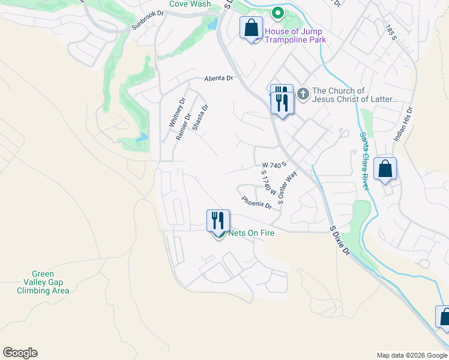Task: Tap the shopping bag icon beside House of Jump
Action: coord(251,28)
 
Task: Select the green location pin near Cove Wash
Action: coord(277,12)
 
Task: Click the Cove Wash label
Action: coord(190,4)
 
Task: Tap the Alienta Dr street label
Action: coord(218,78)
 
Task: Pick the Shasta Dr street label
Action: coord(200,118)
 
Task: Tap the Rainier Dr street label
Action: coord(183,127)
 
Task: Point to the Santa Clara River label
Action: coord(364,161)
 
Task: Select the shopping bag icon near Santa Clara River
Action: coord(385,169)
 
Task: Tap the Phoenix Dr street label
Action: coord(256,203)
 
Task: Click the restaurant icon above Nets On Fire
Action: coord(218,220)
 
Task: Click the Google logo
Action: coord(20,353)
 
